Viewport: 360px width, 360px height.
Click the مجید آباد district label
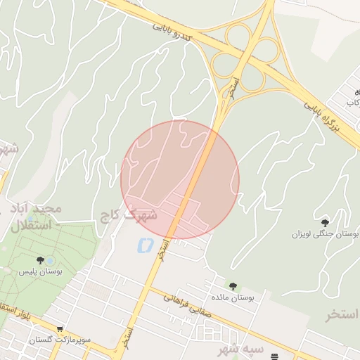pos(37,209)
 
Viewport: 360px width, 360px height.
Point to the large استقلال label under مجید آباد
pos(32,226)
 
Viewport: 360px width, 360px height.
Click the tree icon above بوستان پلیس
pos(40,260)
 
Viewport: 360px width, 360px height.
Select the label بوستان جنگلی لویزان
pos(326,233)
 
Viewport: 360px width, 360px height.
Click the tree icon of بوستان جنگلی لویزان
pos(324,222)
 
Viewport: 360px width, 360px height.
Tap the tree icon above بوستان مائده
pos(233,286)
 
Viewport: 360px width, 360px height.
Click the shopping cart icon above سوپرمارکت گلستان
pos(60,329)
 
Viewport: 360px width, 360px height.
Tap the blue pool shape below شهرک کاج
pos(145,245)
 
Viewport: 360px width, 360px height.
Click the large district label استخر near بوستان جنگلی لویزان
pos(342,314)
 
